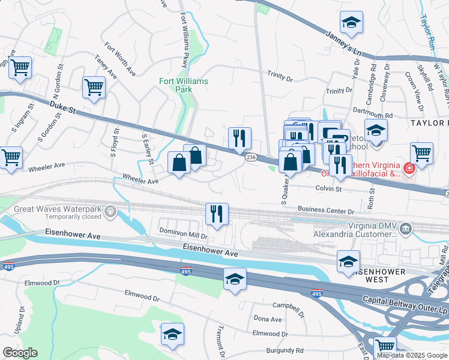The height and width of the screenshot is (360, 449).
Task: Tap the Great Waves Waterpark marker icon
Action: coord(109,211)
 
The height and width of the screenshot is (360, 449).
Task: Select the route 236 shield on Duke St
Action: coord(250,157)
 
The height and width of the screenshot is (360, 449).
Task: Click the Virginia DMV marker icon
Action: coord(406,228)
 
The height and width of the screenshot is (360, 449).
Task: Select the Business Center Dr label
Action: coord(326,210)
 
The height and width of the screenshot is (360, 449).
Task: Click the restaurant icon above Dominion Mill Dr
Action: coord(217,214)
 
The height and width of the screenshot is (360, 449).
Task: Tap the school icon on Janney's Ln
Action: coord(350,23)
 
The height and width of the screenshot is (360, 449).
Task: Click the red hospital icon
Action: coord(409,169)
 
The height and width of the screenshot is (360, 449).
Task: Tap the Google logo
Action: coord(19,353)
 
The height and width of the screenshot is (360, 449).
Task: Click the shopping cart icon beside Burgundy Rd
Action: coord(385,347)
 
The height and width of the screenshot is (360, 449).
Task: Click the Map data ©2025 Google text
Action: coord(412,355)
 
